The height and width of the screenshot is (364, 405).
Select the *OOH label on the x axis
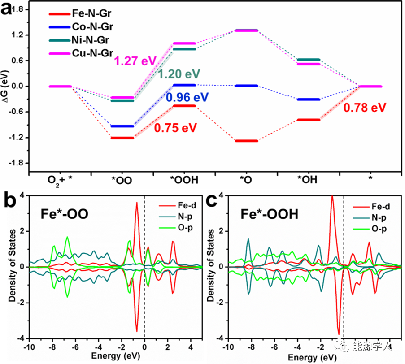(x=183, y=180)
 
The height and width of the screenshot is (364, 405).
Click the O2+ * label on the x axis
(x=60, y=180)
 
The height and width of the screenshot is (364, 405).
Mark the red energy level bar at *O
(x=246, y=141)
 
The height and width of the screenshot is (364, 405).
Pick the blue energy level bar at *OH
(x=309, y=99)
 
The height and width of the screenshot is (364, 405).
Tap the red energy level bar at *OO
(x=122, y=138)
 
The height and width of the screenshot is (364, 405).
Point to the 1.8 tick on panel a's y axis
(x=20, y=9)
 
